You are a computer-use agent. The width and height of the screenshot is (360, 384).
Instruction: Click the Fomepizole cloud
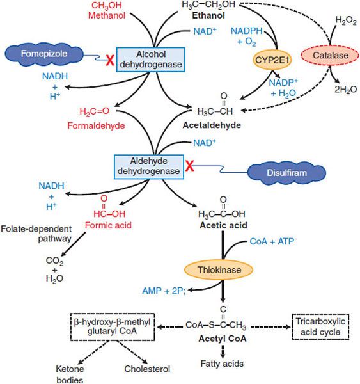click(44, 54)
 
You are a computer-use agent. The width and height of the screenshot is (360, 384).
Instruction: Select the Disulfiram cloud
click(286, 173)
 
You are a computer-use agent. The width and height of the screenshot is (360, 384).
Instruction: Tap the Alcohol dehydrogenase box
click(150, 60)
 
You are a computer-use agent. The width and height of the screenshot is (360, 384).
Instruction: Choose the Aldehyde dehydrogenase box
click(149, 167)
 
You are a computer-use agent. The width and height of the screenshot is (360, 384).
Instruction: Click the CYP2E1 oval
click(272, 60)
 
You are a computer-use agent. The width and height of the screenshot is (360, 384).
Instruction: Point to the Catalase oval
click(330, 55)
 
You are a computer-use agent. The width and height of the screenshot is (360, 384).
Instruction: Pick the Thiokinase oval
click(218, 270)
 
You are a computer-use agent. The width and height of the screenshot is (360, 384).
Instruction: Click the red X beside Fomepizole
click(110, 60)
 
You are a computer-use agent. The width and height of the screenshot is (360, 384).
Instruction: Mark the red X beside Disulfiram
click(190, 166)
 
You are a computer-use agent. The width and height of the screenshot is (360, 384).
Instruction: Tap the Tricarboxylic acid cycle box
click(320, 326)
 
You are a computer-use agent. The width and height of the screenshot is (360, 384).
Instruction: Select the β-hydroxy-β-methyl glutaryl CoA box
click(113, 326)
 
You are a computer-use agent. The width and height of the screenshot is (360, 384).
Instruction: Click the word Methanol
click(107, 15)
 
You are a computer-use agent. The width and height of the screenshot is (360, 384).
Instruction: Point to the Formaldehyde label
click(96, 125)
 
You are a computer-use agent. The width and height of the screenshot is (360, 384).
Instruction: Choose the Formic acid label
click(108, 225)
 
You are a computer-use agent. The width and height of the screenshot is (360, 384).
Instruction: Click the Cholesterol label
click(147, 369)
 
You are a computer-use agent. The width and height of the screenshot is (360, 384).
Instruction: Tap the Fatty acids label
click(222, 364)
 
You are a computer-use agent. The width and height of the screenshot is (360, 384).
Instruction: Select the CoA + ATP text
click(272, 241)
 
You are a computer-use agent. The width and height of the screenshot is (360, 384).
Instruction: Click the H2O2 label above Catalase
click(346, 20)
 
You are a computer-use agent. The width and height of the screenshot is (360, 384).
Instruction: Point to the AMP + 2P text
click(164, 291)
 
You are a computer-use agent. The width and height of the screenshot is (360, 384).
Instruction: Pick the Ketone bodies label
click(70, 374)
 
